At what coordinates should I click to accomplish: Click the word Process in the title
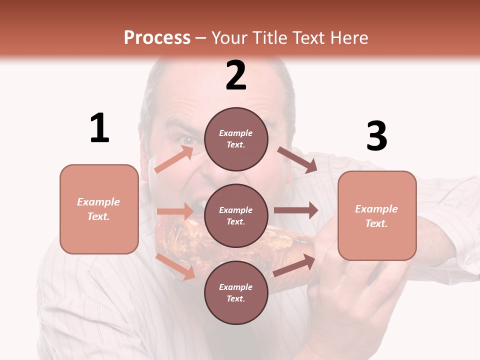tap(157, 37)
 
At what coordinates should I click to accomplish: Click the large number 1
tap(99, 128)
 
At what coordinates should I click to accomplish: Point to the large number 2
tap(236, 75)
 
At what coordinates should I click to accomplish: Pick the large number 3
tap(376, 136)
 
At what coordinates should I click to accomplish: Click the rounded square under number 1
tap(99, 209)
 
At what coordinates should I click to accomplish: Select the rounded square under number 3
tap(377, 215)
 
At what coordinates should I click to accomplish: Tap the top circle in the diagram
tap(236, 139)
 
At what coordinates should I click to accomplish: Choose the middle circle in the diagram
tap(236, 215)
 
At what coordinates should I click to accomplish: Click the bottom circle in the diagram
tap(236, 292)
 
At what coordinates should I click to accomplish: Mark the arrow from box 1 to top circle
tap(174, 159)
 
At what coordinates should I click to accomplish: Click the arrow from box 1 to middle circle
tap(175, 211)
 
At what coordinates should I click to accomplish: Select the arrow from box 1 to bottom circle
tap(175, 266)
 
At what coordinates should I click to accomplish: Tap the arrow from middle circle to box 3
tap(296, 210)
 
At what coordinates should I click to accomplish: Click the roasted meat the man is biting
tap(180, 240)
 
